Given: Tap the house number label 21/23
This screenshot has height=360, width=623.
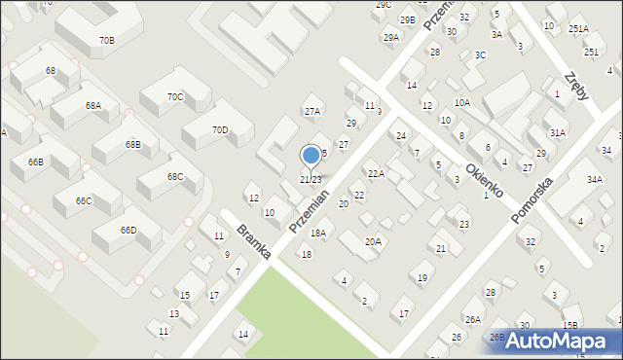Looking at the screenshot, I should click(x=310, y=180).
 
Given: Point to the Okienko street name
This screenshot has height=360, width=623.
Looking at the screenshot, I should click(x=483, y=180).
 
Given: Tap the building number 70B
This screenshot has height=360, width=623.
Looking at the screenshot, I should click(x=106, y=41).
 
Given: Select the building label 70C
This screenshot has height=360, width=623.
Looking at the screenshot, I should click(x=175, y=96).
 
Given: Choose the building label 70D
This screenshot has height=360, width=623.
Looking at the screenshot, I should click(x=220, y=130).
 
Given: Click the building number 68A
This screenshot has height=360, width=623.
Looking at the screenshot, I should click(x=92, y=105).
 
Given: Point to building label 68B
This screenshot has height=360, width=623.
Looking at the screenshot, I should click(x=132, y=144).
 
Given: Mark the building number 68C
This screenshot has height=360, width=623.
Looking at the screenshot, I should click(x=175, y=177).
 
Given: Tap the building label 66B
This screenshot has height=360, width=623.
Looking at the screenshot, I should click(x=35, y=162).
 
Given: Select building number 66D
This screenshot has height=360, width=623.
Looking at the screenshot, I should click(x=128, y=230).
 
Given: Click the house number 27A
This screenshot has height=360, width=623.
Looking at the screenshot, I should click(x=311, y=112).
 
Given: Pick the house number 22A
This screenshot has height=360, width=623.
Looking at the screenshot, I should click(x=376, y=173).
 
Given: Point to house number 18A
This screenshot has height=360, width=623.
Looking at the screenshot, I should click(x=318, y=234).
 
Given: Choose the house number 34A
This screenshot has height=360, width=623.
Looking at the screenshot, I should click(x=594, y=180).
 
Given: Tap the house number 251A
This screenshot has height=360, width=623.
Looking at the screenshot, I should click(x=578, y=29).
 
